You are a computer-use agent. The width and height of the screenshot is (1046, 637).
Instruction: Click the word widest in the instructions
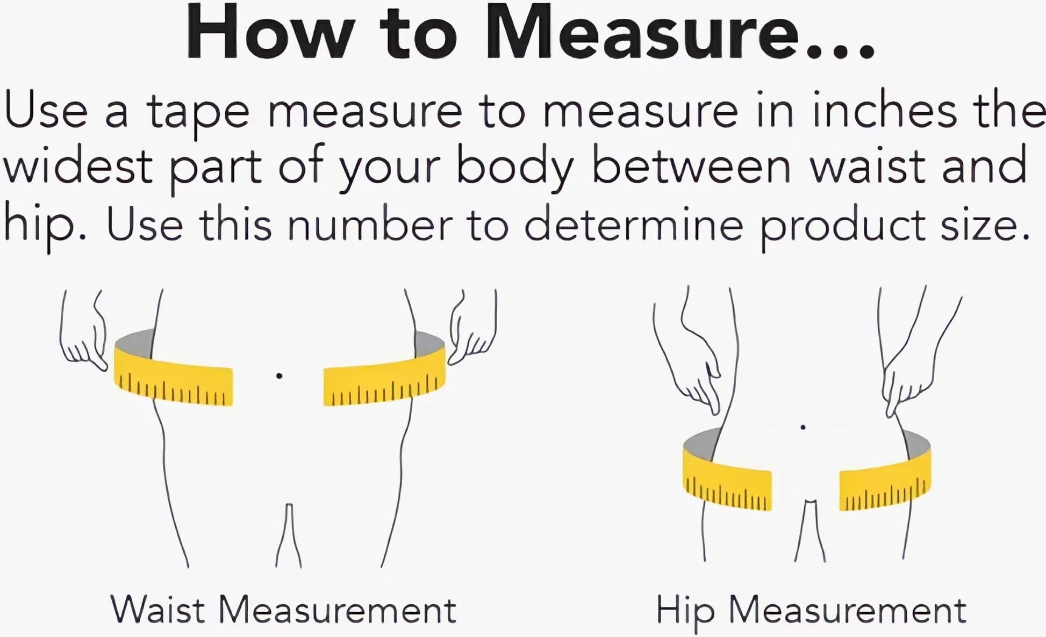click(78, 167)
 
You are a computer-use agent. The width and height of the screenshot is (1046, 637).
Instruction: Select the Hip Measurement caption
click(811, 610)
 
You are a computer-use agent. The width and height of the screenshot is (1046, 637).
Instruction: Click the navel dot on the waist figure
click(279, 375)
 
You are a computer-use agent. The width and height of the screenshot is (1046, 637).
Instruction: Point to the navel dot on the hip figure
click(803, 428)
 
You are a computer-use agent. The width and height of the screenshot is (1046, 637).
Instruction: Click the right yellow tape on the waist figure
click(385, 376)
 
